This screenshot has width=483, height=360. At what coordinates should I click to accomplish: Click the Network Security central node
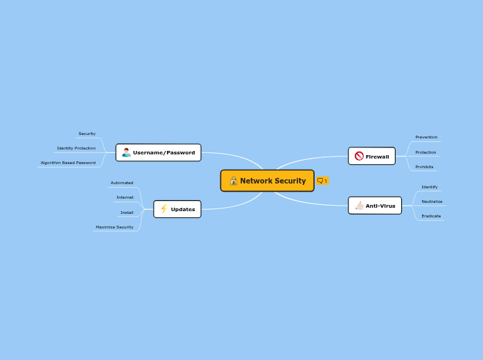click(x=267, y=181)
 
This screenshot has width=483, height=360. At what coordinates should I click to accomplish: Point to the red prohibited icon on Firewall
click(x=359, y=156)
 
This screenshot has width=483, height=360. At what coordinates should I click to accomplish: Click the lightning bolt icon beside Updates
click(x=164, y=209)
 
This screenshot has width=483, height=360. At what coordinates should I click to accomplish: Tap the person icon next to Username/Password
click(x=126, y=152)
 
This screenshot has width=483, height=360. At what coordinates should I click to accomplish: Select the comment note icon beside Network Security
click(x=321, y=181)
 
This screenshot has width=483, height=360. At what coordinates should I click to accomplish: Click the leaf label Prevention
click(x=426, y=137)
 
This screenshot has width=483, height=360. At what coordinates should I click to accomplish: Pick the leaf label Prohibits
click(x=424, y=167)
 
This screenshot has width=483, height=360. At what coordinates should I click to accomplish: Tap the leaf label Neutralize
click(x=432, y=201)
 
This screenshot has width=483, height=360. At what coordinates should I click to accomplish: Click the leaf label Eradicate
click(x=431, y=216)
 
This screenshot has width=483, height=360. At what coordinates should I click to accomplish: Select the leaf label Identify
click(x=430, y=187)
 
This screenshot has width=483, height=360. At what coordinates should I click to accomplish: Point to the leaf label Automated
click(x=122, y=183)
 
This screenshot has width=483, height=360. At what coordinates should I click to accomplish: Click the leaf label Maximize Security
click(x=114, y=227)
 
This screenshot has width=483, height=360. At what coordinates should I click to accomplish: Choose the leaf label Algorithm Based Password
click(x=68, y=163)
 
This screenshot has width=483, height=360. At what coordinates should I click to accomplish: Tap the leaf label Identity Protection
click(x=76, y=148)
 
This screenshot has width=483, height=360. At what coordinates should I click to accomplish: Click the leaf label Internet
click(x=125, y=197)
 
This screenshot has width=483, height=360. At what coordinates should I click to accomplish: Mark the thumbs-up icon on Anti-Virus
click(x=359, y=206)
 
